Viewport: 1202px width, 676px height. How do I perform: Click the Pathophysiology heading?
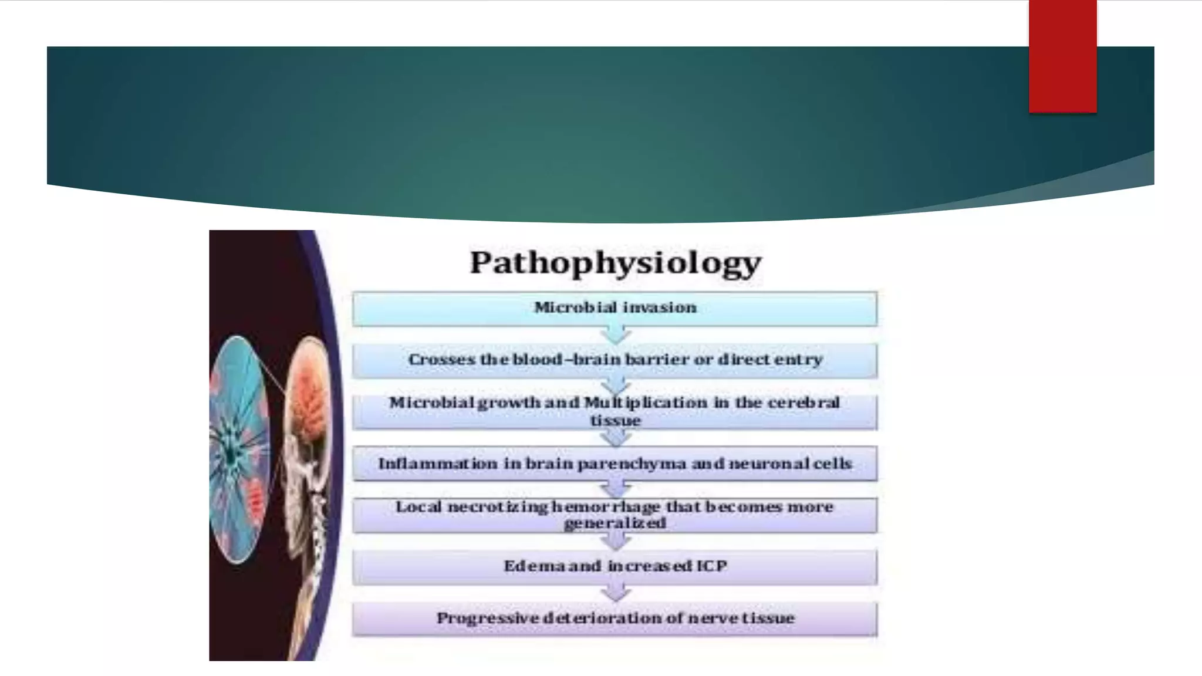615,262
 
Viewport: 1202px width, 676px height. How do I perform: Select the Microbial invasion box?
614,309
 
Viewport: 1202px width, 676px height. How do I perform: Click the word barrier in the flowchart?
657,359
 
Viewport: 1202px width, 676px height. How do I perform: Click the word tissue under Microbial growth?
614,420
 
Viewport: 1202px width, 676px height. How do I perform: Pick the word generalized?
614,523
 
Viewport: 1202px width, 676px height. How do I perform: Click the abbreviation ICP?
711,566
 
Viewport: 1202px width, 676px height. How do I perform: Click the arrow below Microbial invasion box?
615,335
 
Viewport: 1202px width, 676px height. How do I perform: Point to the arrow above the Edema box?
615,542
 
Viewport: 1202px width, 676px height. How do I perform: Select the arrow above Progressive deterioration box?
615,593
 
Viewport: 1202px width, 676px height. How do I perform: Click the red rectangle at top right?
1062,56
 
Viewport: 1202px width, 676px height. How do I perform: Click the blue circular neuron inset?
239,449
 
